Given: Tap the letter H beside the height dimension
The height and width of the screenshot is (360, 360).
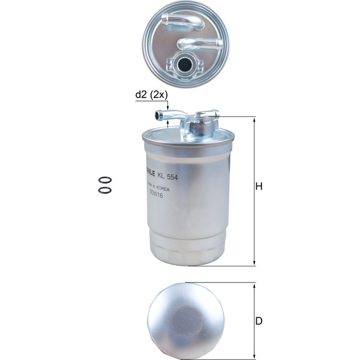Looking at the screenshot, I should pos(259,187).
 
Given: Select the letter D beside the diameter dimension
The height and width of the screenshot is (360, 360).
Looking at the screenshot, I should pos(259,321).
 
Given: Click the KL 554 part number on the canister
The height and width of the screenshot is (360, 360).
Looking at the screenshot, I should pos(169,174).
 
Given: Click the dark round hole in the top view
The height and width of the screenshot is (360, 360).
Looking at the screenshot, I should pos(185,64).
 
